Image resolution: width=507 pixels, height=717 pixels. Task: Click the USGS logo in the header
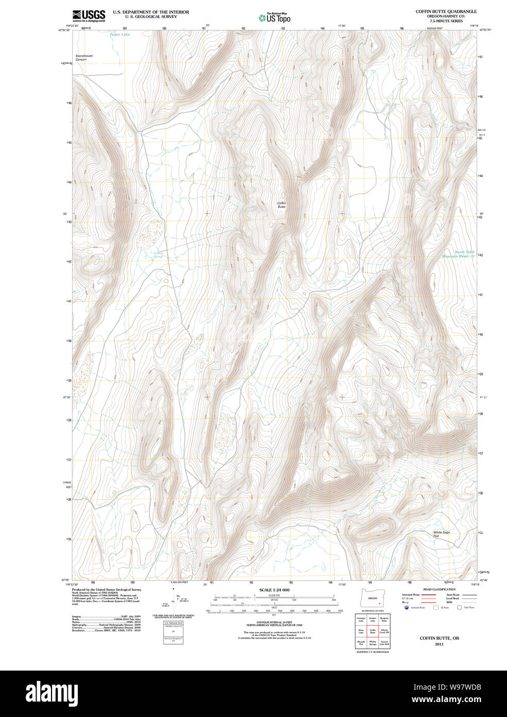(88, 15)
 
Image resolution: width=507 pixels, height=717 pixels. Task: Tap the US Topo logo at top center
(275, 18)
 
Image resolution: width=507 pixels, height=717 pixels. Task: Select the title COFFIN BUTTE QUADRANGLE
(446, 11)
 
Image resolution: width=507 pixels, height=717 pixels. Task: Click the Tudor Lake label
(120, 35)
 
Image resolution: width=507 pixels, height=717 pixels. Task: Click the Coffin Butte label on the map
(281, 205)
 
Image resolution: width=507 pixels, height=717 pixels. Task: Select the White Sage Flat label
(442, 534)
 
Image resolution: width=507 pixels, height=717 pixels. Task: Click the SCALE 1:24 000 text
(274, 590)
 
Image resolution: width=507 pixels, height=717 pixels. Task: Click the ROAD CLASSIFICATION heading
(439, 590)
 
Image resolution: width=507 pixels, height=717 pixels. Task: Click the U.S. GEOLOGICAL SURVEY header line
(144, 17)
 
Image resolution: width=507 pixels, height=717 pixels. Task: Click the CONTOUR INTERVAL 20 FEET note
(274, 623)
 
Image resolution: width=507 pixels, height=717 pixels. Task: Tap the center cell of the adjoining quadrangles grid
(372, 631)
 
